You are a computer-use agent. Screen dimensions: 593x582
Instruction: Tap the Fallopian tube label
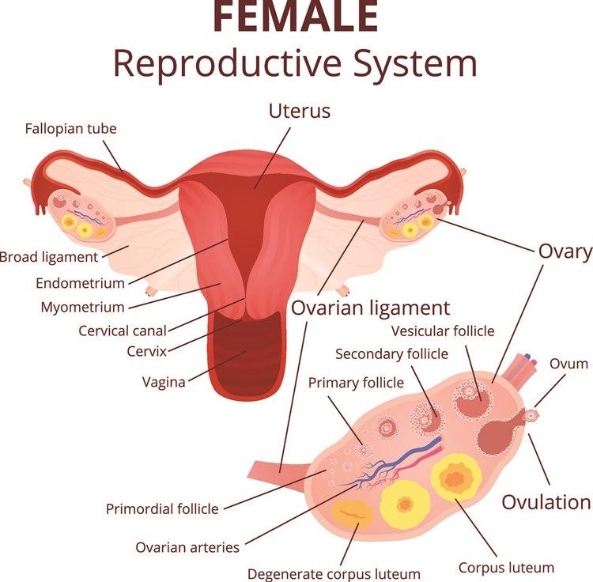point(70,129)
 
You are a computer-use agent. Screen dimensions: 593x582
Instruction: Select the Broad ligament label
point(49,257)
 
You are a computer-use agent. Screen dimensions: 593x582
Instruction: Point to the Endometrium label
point(80,283)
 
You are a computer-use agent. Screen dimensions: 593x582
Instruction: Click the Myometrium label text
point(82,307)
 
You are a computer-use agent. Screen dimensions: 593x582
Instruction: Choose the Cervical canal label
point(123,331)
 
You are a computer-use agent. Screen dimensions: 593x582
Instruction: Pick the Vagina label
point(164,382)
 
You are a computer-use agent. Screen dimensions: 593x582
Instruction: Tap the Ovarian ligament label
point(370,308)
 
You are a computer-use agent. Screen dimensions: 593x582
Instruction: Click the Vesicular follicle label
point(443,331)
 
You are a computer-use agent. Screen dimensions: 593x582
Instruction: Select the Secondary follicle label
point(391,354)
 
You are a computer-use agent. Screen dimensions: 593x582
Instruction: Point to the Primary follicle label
point(356,383)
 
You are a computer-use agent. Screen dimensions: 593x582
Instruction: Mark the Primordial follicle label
point(162,509)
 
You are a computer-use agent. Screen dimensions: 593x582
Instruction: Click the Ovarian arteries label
point(187,547)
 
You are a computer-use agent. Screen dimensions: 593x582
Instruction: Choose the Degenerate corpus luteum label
point(334,574)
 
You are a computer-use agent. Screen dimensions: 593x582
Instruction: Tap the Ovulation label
point(546,503)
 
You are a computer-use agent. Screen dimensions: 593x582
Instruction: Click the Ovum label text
point(568,364)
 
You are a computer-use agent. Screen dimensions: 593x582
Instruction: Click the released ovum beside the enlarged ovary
point(532,416)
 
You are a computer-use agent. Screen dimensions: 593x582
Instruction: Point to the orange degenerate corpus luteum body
point(352,513)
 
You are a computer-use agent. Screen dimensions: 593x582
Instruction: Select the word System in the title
point(414,64)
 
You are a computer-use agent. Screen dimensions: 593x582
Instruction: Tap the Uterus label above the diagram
point(300,111)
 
